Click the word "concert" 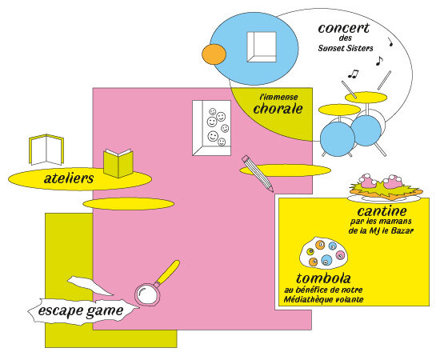[344, 28]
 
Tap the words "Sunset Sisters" [346, 48]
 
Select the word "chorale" [278, 109]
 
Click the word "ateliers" [69, 178]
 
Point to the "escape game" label [81, 310]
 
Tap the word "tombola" [323, 278]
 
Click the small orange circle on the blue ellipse [214, 54]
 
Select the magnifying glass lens [147, 294]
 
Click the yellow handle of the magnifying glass [168, 272]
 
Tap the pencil [258, 174]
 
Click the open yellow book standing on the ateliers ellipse [118, 163]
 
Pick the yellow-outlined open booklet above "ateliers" [46, 150]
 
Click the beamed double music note [354, 74]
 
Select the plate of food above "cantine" [386, 188]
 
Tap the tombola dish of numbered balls [324, 254]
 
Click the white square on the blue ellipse [262, 47]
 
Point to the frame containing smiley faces [211, 128]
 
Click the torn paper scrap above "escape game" [90, 286]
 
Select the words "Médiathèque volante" [323, 299]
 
